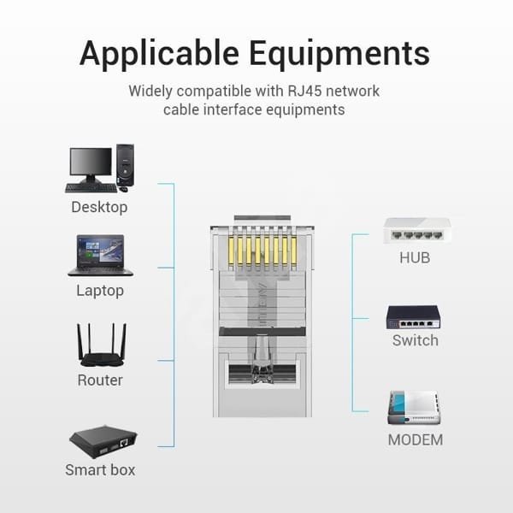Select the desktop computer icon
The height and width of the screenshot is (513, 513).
click(x=100, y=168)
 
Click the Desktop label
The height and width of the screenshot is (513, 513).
click(x=99, y=207)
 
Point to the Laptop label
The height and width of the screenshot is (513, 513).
click(x=100, y=291)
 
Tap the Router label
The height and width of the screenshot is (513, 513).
click(x=100, y=380)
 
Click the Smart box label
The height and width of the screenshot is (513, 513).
click(x=100, y=469)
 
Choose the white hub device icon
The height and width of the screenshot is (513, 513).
click(x=416, y=230)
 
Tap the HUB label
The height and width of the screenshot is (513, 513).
click(x=415, y=257)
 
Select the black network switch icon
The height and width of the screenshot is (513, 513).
click(x=414, y=317)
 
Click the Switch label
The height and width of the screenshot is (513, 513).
click(x=415, y=340)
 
